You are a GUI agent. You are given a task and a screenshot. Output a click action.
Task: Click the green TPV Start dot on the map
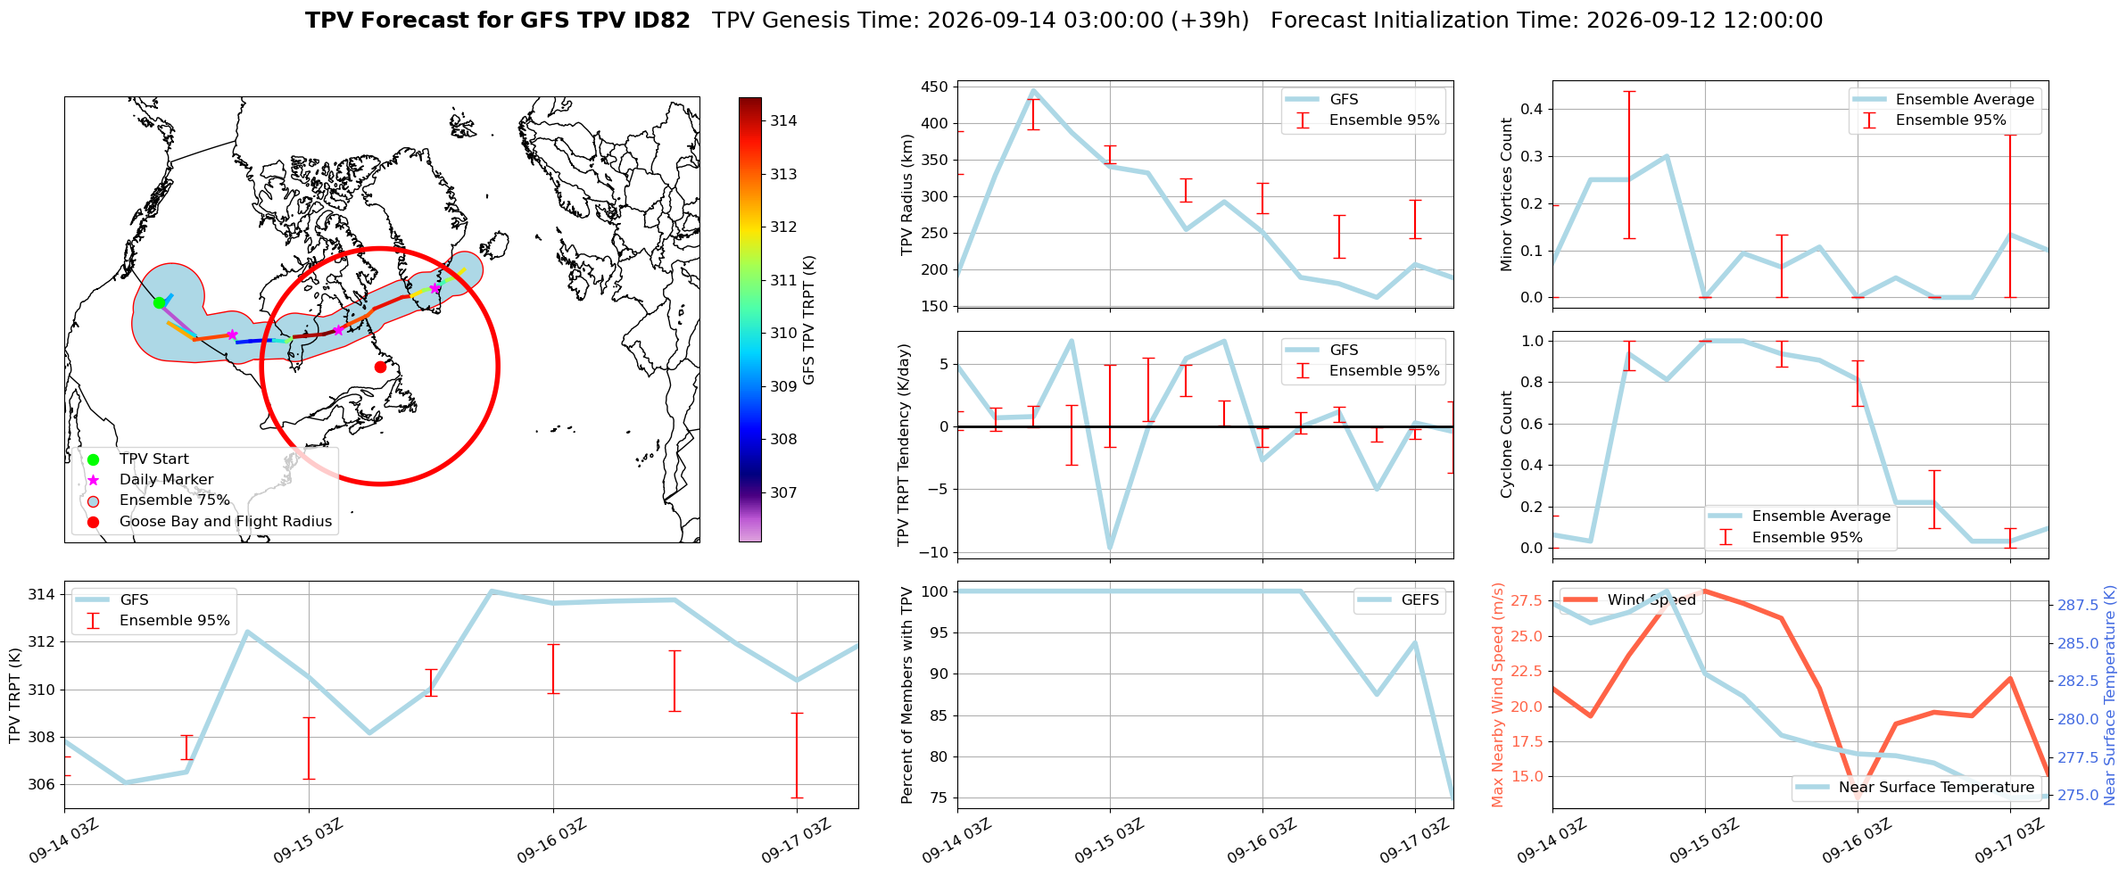(x=159, y=303)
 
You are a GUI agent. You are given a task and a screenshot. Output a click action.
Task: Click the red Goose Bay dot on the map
(x=380, y=367)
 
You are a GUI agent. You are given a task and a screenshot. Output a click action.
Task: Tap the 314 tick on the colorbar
(x=784, y=121)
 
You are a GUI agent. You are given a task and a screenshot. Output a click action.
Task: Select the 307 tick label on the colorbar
(x=784, y=492)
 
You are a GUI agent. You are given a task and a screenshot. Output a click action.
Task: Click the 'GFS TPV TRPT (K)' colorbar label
(x=809, y=320)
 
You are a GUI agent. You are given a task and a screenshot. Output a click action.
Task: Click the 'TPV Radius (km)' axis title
(x=908, y=194)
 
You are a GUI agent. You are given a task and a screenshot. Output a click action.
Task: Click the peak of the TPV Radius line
(x=1033, y=90)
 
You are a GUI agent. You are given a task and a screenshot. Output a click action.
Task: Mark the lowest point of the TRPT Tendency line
(x=1110, y=549)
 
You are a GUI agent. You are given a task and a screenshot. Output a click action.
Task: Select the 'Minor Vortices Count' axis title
(x=1507, y=194)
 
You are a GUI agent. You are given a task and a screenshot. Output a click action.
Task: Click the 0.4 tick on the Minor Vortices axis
(x=1533, y=110)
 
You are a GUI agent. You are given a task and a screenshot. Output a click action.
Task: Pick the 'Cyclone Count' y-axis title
(x=1507, y=444)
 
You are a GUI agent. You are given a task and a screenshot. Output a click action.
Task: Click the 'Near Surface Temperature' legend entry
(x=1916, y=788)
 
